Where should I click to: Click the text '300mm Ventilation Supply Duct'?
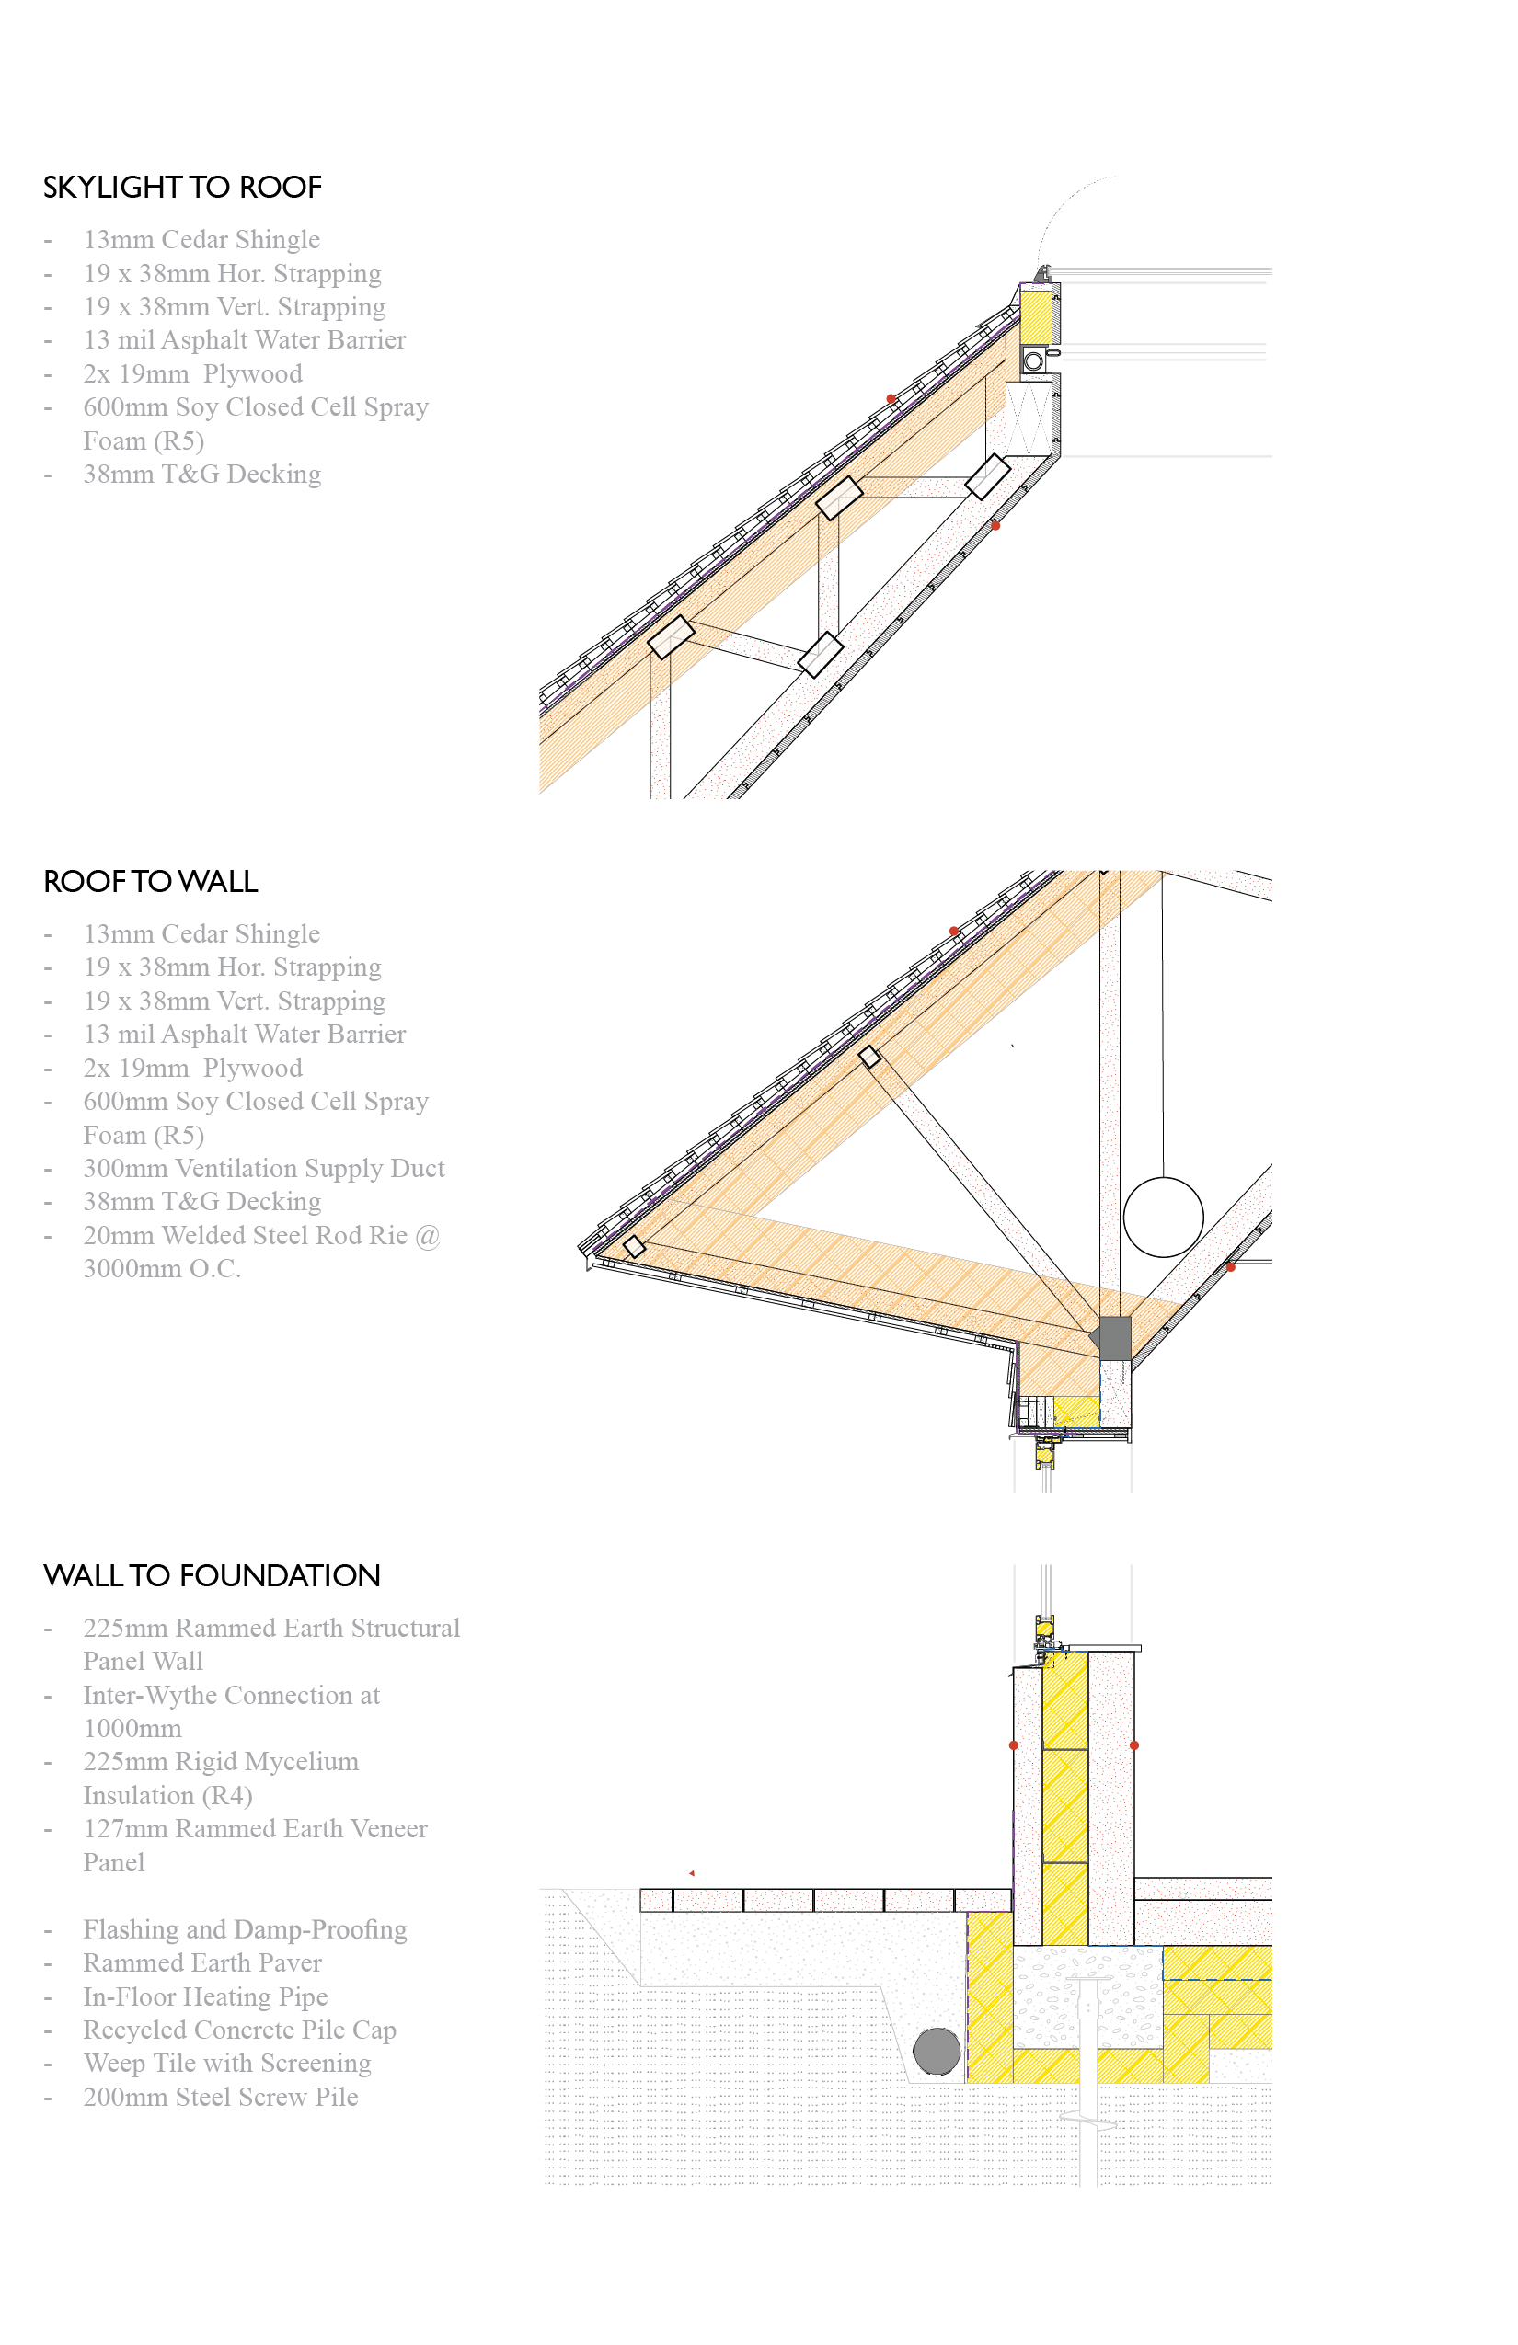coord(263,1169)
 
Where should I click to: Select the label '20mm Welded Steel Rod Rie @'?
coord(261,1236)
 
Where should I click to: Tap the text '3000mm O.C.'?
coord(162,1269)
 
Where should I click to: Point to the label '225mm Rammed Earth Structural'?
coord(271,1628)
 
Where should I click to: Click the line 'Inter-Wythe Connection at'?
coord(231,1695)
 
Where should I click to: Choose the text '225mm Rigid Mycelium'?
coord(221,1762)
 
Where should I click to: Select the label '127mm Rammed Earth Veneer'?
coord(254,1829)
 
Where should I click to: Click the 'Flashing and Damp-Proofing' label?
coord(245,1929)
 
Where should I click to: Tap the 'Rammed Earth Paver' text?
coord(202,1962)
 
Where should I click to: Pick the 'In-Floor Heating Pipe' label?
coord(205,1996)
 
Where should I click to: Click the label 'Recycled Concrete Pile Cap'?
coord(239,2030)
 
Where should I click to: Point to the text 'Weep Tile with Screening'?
coord(226,2064)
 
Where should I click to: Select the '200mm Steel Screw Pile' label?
coord(220,2097)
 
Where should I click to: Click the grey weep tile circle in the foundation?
coord(937,2052)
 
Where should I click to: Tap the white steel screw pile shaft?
coord(1088,2148)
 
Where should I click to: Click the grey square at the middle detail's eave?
coord(1115,1337)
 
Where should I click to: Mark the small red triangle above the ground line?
coord(692,1873)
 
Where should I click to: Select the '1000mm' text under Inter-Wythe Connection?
coord(132,1728)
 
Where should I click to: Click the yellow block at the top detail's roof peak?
coord(1035,316)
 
